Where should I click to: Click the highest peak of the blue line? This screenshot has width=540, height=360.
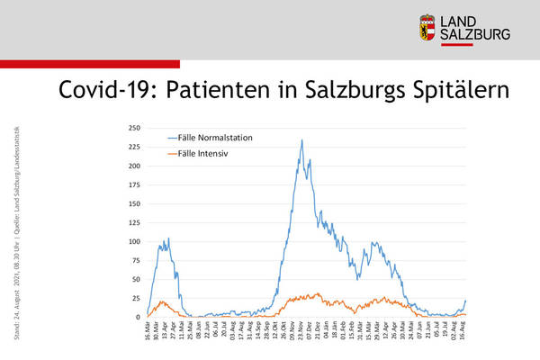(x=301, y=140)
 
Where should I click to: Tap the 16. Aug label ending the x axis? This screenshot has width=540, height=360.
(x=463, y=332)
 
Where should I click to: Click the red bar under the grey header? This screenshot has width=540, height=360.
(x=90, y=63)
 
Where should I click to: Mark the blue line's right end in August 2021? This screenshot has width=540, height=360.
(x=466, y=301)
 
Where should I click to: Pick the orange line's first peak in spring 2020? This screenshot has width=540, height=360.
(x=161, y=301)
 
